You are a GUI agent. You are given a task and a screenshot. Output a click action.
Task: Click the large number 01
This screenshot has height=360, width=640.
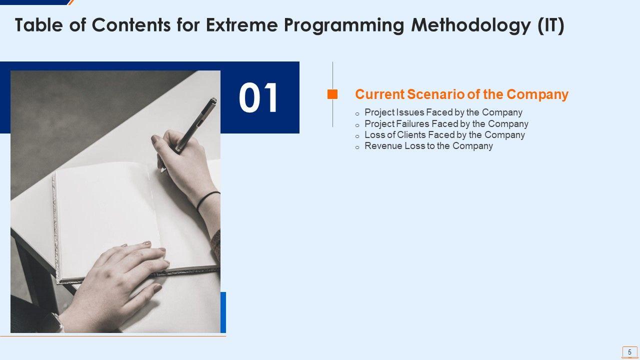coord(258,97)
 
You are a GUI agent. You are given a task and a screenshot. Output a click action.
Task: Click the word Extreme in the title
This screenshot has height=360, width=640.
coord(241,25)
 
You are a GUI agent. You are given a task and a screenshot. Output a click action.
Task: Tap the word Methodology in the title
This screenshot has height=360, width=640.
coord(471,25)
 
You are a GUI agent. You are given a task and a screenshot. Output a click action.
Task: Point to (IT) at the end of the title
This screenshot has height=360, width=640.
coord(551,25)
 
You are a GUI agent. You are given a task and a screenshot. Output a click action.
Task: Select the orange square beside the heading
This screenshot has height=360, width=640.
coord(332,94)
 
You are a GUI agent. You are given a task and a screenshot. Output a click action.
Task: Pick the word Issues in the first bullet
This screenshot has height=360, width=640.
coord(410,112)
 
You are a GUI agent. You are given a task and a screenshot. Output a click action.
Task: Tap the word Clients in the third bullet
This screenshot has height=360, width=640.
coord(411,134)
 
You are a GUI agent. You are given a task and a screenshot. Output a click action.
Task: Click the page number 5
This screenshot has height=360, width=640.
coord(629,352)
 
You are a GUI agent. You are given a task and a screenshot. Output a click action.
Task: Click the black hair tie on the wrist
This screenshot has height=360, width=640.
coord(207,200)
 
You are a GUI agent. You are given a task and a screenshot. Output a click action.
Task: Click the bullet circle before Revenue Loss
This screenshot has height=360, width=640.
coord(357,147)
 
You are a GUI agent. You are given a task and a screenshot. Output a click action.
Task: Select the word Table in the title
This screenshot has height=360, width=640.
coord(38,25)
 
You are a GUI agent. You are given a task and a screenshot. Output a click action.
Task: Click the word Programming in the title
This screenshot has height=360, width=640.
coord(344,25)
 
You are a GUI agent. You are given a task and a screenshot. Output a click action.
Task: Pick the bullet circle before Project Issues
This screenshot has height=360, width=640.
coord(357,114)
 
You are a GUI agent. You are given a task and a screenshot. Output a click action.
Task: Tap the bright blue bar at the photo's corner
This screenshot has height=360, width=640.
coord(223,312)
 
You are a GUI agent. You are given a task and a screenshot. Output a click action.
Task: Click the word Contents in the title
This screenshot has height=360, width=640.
coord(131,25)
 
